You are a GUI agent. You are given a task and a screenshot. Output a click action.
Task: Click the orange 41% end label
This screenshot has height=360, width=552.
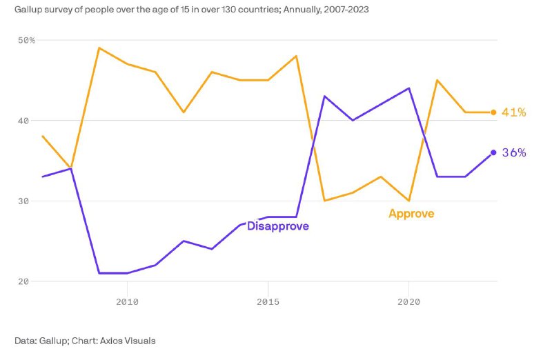pyautogui.click(x=514, y=112)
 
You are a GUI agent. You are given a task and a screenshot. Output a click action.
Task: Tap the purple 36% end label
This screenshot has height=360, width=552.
pyautogui.click(x=514, y=152)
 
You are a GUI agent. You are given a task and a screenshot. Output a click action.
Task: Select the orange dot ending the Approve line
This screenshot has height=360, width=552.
pyautogui.click(x=493, y=112)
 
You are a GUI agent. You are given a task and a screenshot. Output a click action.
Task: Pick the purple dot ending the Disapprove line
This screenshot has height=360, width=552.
pyautogui.click(x=493, y=152)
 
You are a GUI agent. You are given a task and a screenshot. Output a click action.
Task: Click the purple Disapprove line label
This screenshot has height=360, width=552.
pyautogui.click(x=277, y=226)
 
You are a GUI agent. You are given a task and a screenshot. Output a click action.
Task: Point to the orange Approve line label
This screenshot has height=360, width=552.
pyautogui.click(x=411, y=214)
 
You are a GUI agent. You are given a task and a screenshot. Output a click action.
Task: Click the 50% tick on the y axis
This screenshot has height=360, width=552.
pyautogui.click(x=26, y=41)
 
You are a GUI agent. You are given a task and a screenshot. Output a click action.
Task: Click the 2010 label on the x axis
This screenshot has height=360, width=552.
pyautogui.click(x=126, y=301)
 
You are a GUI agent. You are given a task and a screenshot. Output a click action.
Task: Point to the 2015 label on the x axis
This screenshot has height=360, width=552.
pyautogui.click(x=268, y=301)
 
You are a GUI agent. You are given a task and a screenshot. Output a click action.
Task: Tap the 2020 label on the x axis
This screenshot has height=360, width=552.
pyautogui.click(x=409, y=301)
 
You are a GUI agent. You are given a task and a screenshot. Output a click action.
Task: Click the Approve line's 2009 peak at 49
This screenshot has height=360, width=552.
pyautogui.click(x=99, y=48)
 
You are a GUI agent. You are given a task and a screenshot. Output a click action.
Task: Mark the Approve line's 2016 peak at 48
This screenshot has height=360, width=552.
pyautogui.click(x=296, y=56)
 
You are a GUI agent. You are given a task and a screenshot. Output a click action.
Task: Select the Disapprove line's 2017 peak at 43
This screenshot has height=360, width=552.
pyautogui.click(x=324, y=97)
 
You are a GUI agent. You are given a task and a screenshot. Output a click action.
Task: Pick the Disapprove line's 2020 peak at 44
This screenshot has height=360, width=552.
pyautogui.click(x=409, y=88)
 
